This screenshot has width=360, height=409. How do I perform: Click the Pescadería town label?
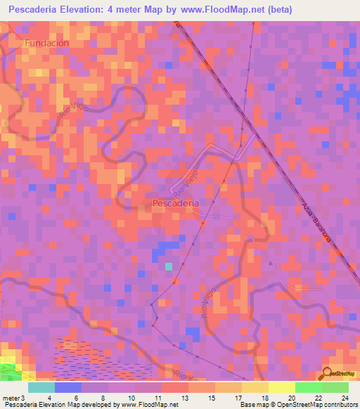click(x=175, y=203)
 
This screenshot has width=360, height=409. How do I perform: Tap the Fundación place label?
click(x=47, y=43)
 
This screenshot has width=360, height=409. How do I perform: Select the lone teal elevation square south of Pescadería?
click(x=169, y=266)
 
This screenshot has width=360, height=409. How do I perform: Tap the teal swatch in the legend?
click(x=41, y=387)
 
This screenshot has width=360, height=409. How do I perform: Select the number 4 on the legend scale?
click(x=49, y=398)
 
